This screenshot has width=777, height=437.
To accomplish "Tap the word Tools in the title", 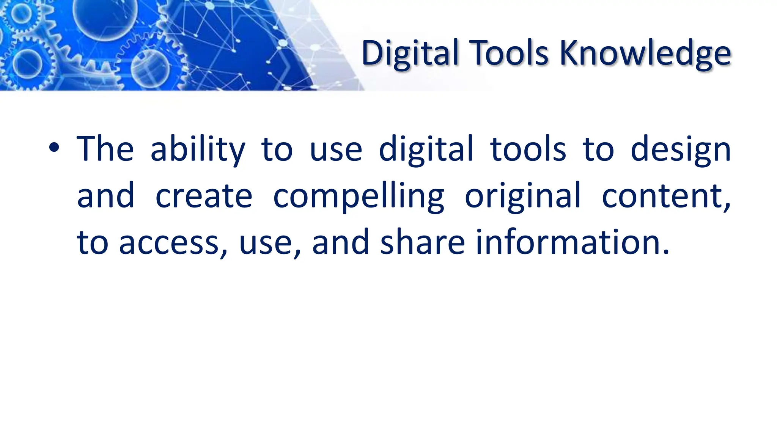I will pos(509,53).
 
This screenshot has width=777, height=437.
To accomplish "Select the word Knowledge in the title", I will pos(645,53).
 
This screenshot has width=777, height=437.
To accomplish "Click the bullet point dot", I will pos(54,148).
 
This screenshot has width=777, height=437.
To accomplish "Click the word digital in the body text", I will pos(426,149).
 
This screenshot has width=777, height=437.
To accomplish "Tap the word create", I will pos(204,196).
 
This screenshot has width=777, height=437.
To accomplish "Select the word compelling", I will pos(359,196).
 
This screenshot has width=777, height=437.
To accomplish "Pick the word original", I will pos(523,196).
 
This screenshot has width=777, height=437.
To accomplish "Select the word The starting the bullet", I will pos(105,149).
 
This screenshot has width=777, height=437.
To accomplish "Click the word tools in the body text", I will pos(528,149).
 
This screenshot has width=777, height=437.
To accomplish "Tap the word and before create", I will pos(105,196).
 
